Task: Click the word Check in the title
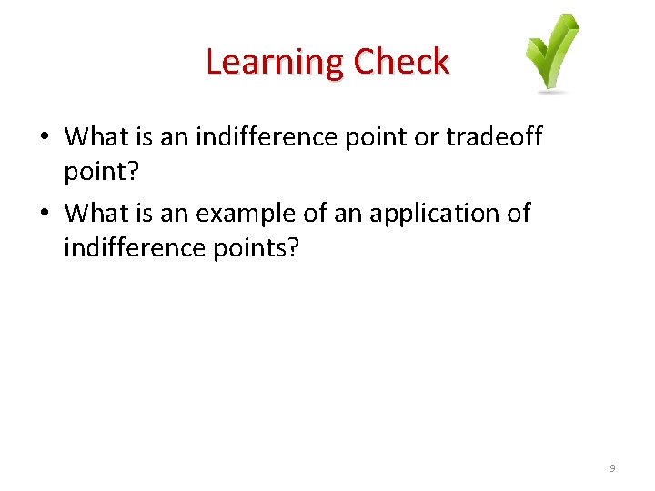[401, 63]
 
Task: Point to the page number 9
[612, 468]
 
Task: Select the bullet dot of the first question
[45, 138]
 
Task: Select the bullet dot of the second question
[45, 215]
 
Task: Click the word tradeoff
[494, 137]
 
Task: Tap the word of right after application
[518, 214]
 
